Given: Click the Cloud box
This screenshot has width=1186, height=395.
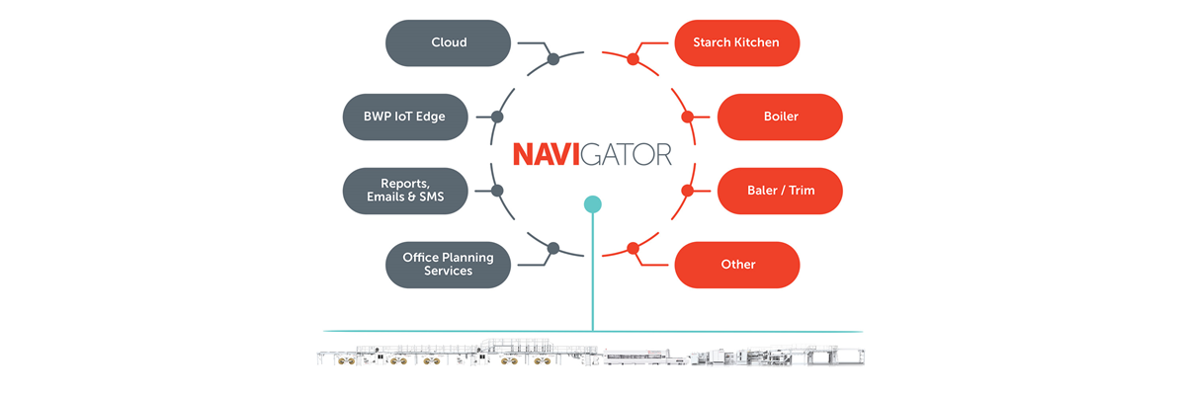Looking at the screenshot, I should point(448,43).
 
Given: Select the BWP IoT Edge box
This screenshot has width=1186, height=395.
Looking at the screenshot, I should point(405,117).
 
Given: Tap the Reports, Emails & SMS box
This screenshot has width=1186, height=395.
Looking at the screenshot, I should point(405,190).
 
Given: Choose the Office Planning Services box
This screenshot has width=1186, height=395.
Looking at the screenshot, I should point(448,264).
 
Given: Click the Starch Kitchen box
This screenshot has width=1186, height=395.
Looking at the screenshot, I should point(736,43).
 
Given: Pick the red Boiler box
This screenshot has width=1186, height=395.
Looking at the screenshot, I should point(780,117).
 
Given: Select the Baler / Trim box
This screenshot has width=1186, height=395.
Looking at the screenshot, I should point(780,190).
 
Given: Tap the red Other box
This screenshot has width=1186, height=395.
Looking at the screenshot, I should point(736,264).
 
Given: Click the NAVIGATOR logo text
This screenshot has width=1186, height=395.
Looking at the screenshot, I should point(592,154).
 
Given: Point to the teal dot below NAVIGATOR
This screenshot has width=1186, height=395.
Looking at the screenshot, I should point(592,204).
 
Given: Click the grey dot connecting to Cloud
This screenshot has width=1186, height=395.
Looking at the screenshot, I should point(553,60).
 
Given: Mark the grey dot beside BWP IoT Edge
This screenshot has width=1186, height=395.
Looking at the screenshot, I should point(497,118).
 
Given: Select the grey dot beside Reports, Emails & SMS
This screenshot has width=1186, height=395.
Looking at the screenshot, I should point(497,190).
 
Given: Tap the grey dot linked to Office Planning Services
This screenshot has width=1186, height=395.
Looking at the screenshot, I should point(553,248).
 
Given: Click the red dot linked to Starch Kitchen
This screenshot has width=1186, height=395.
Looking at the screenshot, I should point(633,60).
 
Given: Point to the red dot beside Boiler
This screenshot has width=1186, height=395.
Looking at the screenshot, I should point(688,118).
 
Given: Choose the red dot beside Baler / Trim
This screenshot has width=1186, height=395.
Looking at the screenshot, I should point(688,190).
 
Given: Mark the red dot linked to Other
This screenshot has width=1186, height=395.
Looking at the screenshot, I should point(633,248).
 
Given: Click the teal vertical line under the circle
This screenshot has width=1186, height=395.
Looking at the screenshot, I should point(592,276).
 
